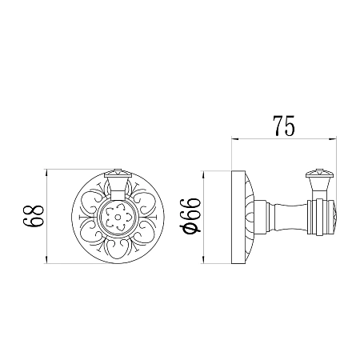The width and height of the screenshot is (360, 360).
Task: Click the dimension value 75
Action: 284,126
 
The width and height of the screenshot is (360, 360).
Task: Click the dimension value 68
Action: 33,216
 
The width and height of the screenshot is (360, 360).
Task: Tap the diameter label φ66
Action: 190,216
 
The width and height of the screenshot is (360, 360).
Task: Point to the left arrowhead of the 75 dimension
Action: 234,138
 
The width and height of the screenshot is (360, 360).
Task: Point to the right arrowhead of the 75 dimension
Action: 333,138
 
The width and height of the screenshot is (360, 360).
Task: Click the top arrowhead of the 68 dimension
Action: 46,172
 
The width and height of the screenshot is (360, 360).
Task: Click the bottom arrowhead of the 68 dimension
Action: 46,261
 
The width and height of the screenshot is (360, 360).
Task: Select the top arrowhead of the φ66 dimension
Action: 203,174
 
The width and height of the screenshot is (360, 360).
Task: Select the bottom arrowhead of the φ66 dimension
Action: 203,261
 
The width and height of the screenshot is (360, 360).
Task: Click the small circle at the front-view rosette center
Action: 118,218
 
